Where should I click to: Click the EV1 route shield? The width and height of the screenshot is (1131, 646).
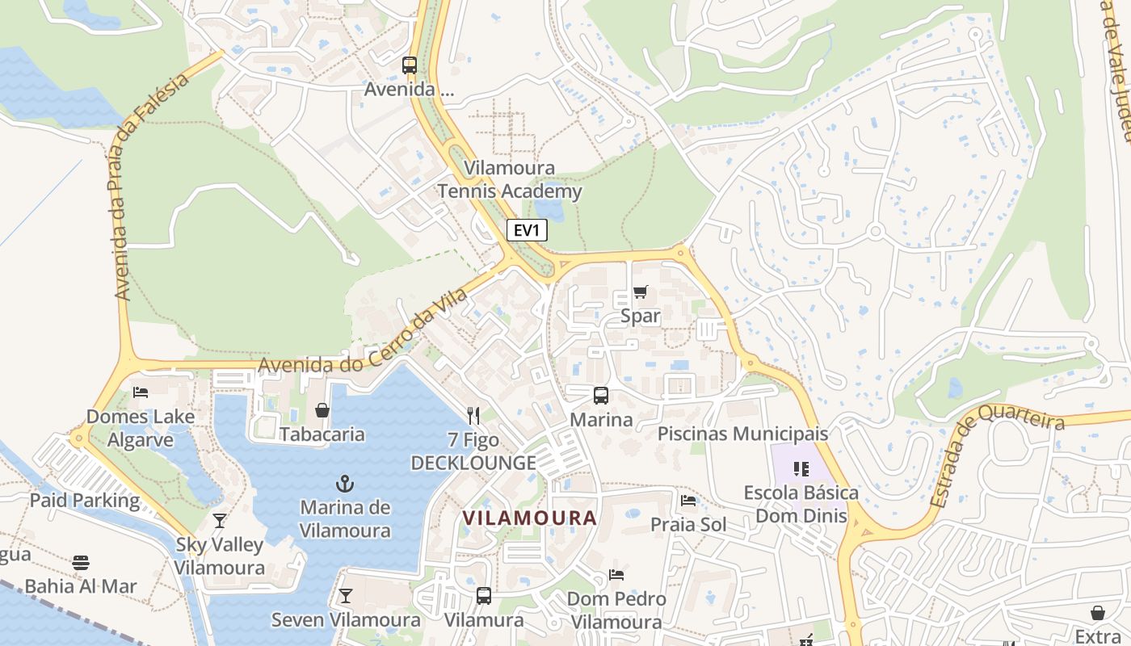click(527, 230)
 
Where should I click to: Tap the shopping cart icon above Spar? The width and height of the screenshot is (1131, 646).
click(641, 292)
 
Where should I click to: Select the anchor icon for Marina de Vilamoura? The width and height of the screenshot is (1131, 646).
click(345, 484)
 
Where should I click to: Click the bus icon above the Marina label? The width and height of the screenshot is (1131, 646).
click(601, 395)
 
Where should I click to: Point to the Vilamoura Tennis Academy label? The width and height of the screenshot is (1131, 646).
click(509, 179)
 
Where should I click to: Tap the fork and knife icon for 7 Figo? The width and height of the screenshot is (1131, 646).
click(473, 416)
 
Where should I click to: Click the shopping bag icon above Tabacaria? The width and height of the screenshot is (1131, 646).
click(322, 410)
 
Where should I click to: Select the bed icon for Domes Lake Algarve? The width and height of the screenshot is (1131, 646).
click(141, 393)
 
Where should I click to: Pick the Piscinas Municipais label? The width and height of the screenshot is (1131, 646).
click(742, 434)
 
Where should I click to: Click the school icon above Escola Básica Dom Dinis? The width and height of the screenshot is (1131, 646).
click(801, 468)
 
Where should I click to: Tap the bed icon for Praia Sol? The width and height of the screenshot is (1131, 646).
click(688, 501)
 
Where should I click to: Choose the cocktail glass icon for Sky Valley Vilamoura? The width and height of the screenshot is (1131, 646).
click(220, 521)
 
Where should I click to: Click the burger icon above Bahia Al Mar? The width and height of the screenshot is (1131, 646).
click(81, 562)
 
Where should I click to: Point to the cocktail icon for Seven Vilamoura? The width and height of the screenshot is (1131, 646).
click(346, 596)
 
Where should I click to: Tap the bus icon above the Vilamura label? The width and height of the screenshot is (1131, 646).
click(484, 596)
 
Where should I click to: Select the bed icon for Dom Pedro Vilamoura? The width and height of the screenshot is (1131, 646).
click(616, 575)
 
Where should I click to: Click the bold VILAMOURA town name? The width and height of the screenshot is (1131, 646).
click(529, 518)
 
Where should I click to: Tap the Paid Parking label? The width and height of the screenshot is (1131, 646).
click(85, 500)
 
